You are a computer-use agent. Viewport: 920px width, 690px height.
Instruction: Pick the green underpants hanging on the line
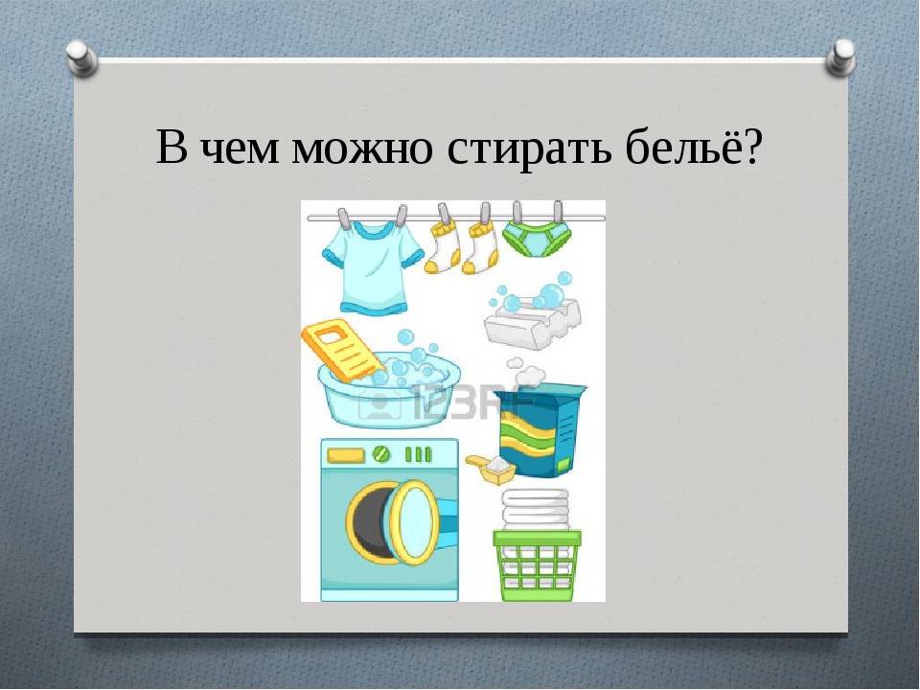(537, 239)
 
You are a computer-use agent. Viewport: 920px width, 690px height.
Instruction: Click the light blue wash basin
(389, 390)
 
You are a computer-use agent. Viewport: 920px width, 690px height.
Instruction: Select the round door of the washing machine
(413, 523)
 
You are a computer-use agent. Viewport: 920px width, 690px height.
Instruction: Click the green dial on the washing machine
(380, 453)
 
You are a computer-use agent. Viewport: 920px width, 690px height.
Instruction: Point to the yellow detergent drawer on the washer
(345, 454)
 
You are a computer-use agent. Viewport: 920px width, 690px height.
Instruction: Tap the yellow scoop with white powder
(491, 469)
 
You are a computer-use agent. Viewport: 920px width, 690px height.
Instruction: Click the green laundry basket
(537, 564)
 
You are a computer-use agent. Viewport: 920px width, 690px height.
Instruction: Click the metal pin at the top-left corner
(81, 57)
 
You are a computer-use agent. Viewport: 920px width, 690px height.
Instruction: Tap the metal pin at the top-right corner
(839, 57)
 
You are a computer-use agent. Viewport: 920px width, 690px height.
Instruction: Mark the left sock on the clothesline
(446, 246)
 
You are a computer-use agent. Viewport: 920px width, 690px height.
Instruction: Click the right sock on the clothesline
(480, 247)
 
